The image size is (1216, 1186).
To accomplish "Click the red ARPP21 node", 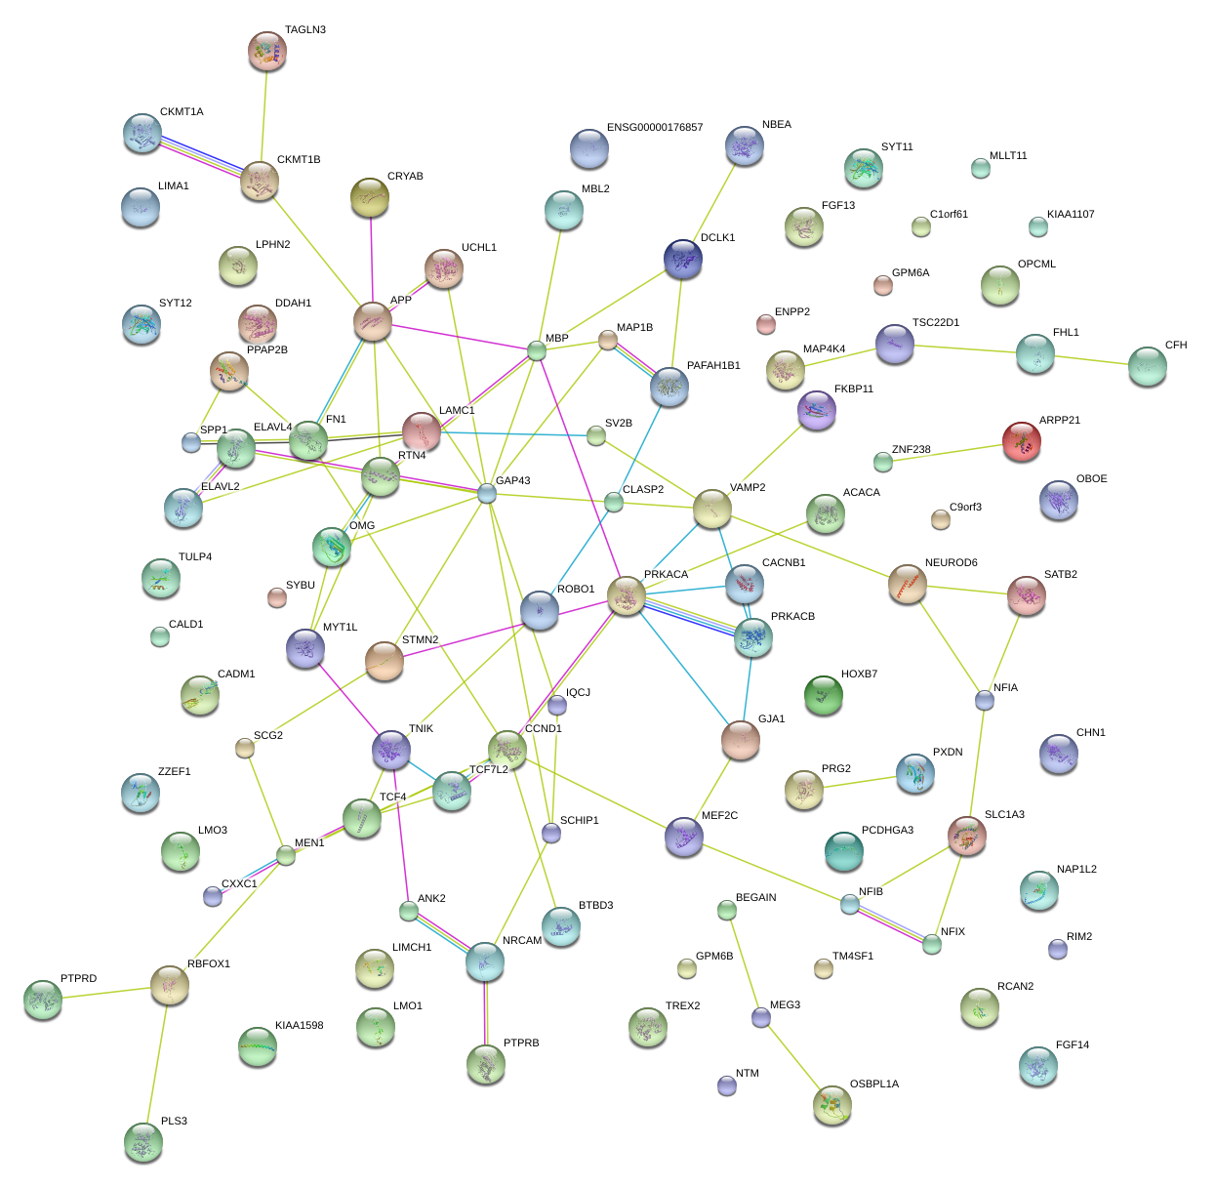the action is tap(1021, 441).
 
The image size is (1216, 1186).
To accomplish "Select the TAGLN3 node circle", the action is tap(266, 51).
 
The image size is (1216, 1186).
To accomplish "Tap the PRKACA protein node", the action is tap(626, 595).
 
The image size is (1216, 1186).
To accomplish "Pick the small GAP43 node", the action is tap(487, 493).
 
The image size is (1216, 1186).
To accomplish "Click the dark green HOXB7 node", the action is tap(823, 695).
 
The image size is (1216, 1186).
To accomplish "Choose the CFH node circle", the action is tap(1147, 366).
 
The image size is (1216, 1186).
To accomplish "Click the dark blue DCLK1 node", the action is tap(682, 259).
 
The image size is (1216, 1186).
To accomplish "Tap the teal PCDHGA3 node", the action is tap(843, 851).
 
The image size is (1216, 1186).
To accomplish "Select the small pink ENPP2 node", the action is tap(765, 323).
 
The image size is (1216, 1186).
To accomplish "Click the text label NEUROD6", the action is tap(951, 563).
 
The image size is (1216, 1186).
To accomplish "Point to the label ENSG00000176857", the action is tap(654, 128).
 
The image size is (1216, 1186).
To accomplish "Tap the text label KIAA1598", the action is tap(299, 1026).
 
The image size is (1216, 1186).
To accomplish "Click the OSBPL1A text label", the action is tap(873, 1084).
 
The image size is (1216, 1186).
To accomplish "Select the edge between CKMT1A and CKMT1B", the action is tap(201, 157).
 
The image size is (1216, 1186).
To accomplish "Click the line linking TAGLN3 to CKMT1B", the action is tap(263, 117).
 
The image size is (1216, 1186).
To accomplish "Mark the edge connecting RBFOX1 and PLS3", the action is tap(156, 1064).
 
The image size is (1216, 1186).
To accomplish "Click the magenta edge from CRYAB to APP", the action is tap(371, 259).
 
